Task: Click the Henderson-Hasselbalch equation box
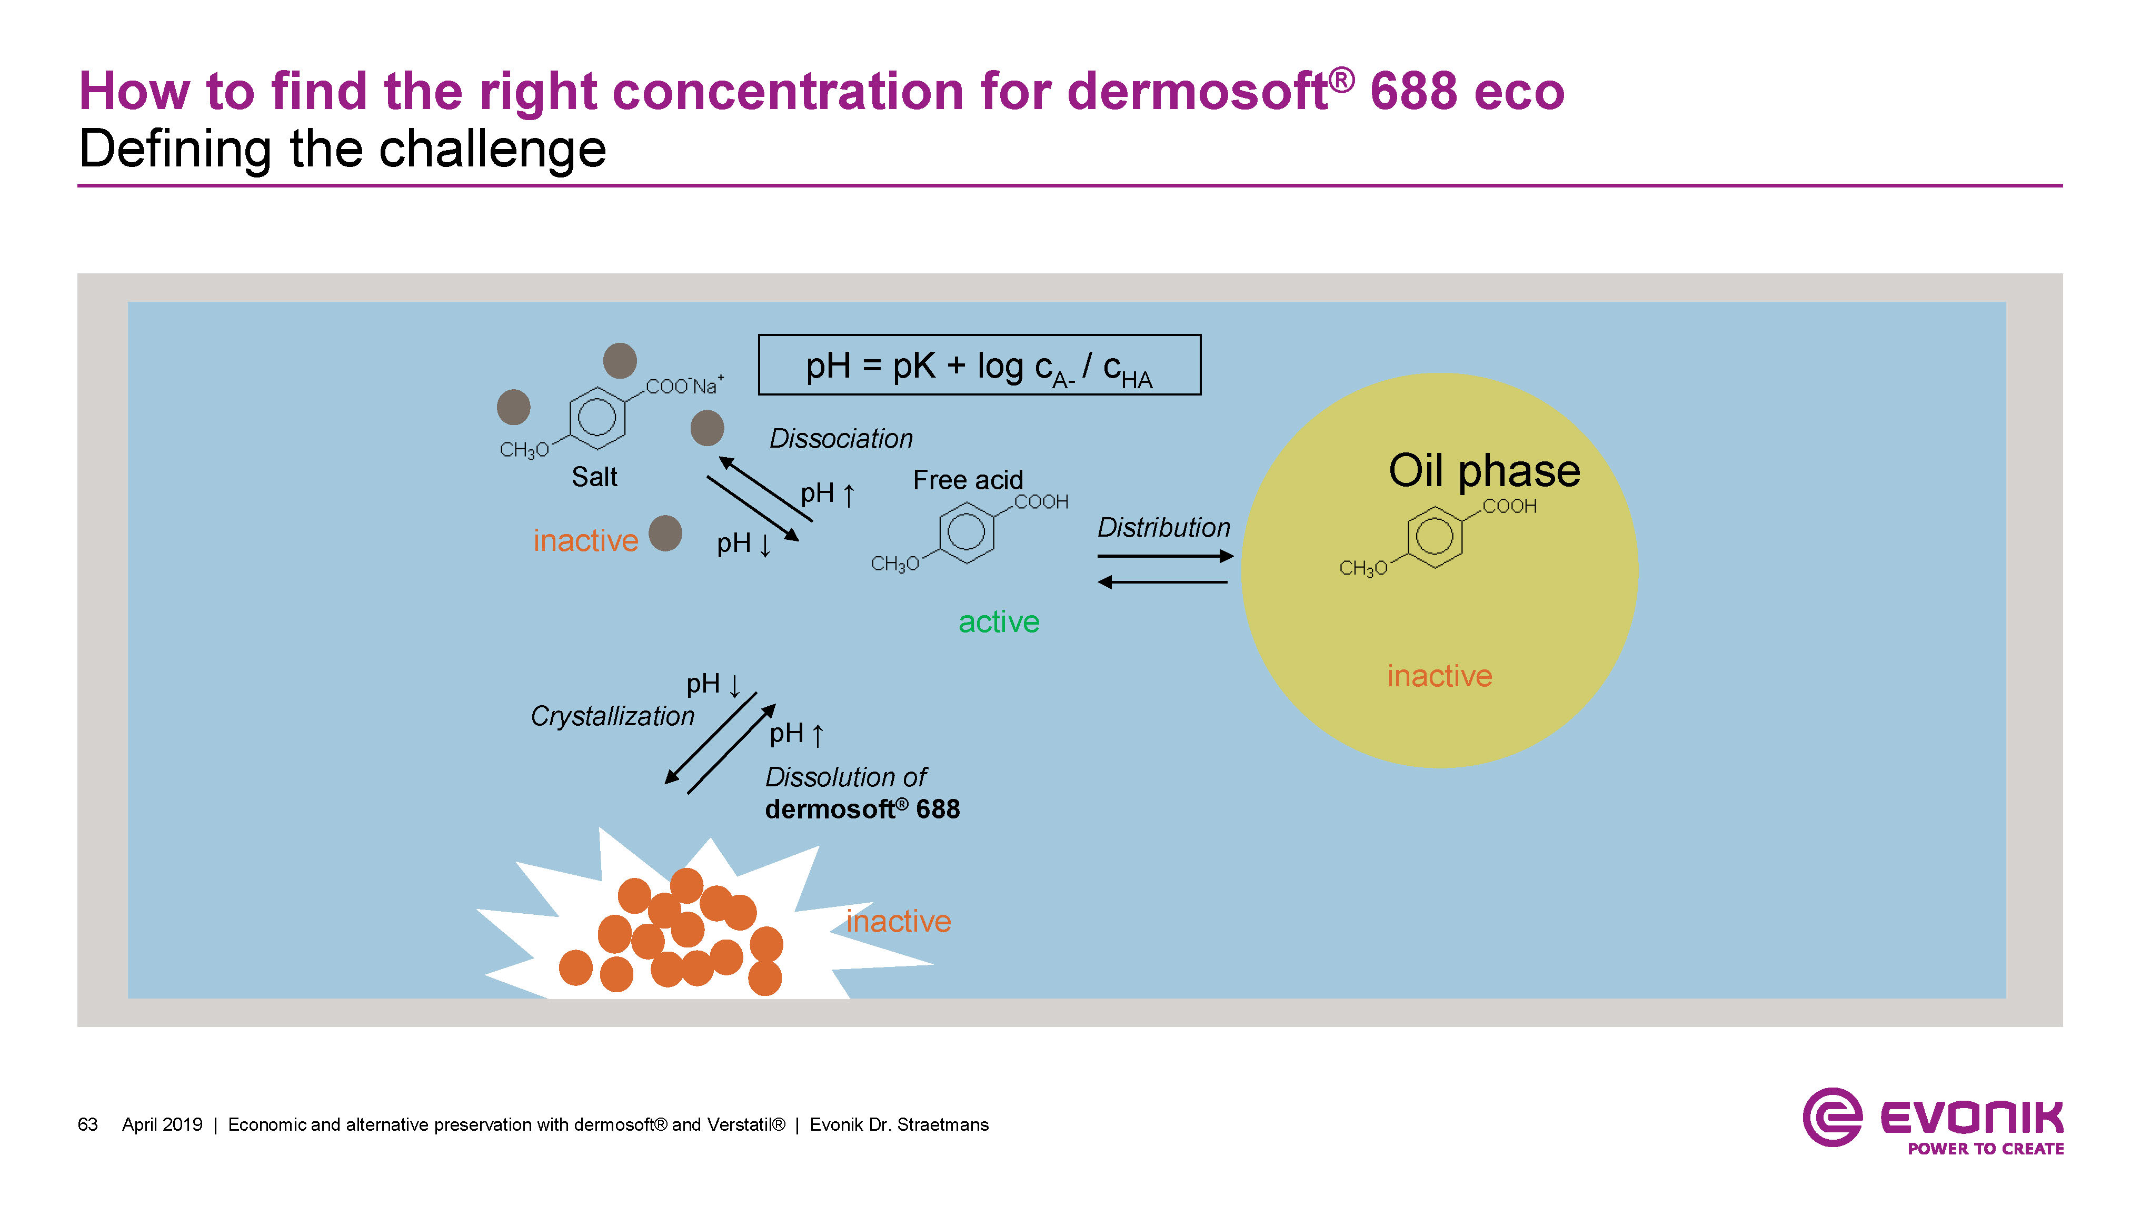click(x=979, y=365)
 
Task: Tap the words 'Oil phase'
click(x=1483, y=471)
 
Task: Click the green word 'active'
click(x=998, y=622)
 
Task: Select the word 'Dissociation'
click(x=840, y=438)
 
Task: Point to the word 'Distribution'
click(x=1163, y=527)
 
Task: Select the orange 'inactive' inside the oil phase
click(x=1439, y=676)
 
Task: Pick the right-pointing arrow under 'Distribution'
click(x=1164, y=556)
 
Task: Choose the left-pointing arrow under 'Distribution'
click(x=1163, y=582)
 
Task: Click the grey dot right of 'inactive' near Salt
click(x=665, y=533)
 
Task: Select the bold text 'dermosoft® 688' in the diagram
click(x=862, y=809)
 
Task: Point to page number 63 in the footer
click(x=87, y=1124)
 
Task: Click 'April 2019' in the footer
click(x=162, y=1124)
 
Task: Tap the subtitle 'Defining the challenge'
click(x=342, y=150)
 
